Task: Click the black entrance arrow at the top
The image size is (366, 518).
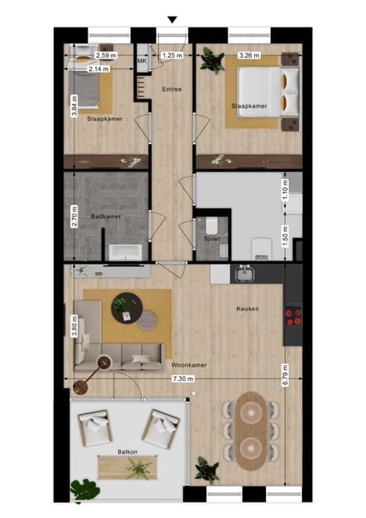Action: tap(172, 20)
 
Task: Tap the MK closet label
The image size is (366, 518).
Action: tap(142, 61)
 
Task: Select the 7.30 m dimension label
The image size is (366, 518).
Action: tap(183, 379)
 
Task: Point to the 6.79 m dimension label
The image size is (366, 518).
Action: tap(285, 375)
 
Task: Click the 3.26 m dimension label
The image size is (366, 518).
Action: tap(249, 56)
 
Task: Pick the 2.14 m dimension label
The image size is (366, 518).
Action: tap(99, 69)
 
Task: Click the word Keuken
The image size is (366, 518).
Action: tap(248, 309)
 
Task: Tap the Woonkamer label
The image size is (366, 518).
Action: tap(189, 365)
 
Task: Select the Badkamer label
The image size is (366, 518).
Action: tap(106, 217)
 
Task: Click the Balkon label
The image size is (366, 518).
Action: tap(127, 451)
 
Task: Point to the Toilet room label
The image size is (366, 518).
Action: tap(212, 239)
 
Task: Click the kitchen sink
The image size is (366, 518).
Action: tap(245, 274)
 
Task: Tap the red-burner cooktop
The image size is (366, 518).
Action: tap(293, 316)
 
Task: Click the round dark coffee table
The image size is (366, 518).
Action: tap(127, 308)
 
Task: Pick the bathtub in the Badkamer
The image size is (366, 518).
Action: tap(126, 252)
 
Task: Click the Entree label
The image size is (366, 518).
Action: tap(172, 89)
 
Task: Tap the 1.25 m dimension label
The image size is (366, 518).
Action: tap(172, 56)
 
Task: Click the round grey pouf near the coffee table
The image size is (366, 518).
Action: tap(147, 320)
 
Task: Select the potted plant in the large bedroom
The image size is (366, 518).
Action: tap(212, 60)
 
